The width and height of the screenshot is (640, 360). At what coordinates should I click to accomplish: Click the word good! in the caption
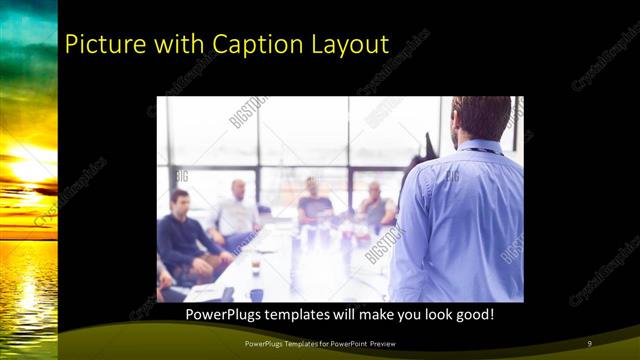pos(470,314)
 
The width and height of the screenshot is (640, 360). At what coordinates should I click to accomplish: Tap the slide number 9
pos(589,344)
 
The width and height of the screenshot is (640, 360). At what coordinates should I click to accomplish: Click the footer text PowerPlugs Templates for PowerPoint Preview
pos(319,344)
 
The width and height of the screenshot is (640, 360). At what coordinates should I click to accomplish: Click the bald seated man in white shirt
pos(237,210)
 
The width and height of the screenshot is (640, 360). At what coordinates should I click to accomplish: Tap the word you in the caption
pos(403,314)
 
